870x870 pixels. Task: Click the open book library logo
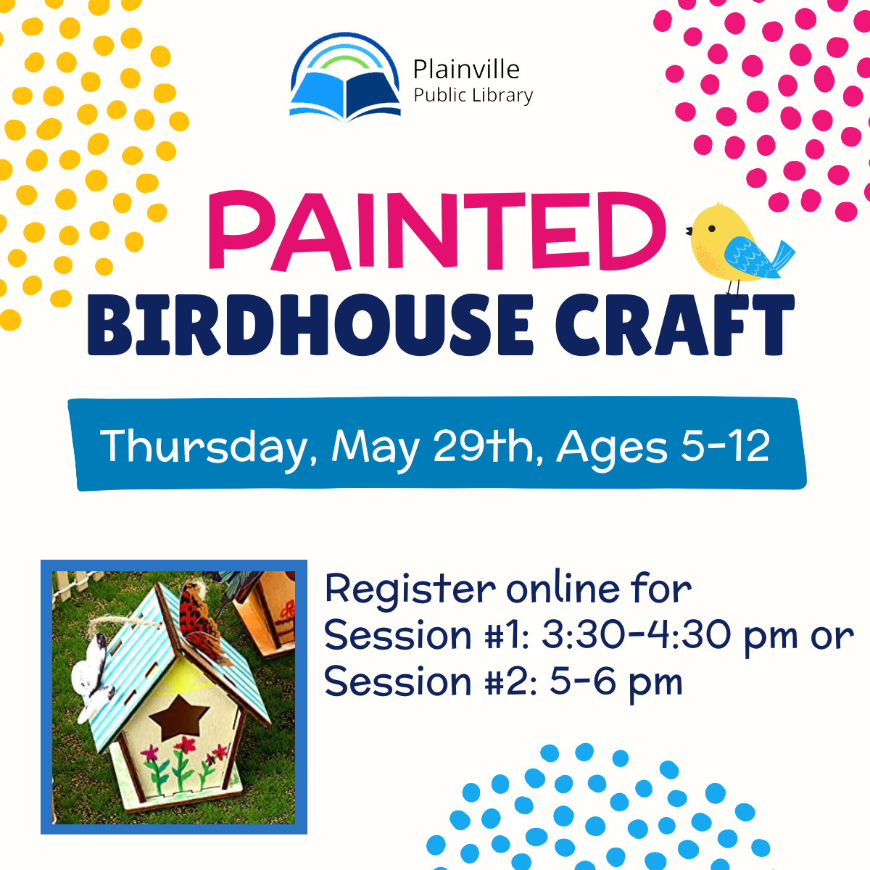pos(345,78)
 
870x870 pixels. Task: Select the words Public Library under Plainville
pos(473,96)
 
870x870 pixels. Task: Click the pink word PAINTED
pos(436,231)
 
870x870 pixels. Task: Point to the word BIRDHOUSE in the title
pos(310,325)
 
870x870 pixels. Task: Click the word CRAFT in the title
pos(674,325)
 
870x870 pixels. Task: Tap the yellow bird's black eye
pos(711,228)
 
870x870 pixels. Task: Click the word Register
pos(410,589)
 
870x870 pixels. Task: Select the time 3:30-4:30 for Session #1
pos(636,635)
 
